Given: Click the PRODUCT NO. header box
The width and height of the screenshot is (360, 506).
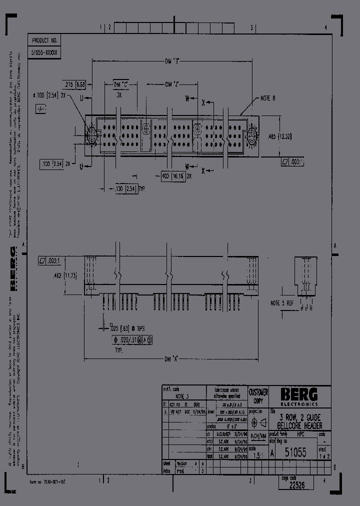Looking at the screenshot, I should click(45, 41).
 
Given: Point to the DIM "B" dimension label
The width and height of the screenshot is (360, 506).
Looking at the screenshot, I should click(172, 62).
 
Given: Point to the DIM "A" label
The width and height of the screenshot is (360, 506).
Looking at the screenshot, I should click(172, 358).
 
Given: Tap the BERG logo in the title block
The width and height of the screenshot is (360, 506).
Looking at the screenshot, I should click(299, 395).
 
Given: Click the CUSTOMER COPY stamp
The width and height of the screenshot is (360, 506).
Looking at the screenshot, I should click(258, 396).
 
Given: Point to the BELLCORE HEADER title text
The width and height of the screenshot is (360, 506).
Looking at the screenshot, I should click(299, 425).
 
